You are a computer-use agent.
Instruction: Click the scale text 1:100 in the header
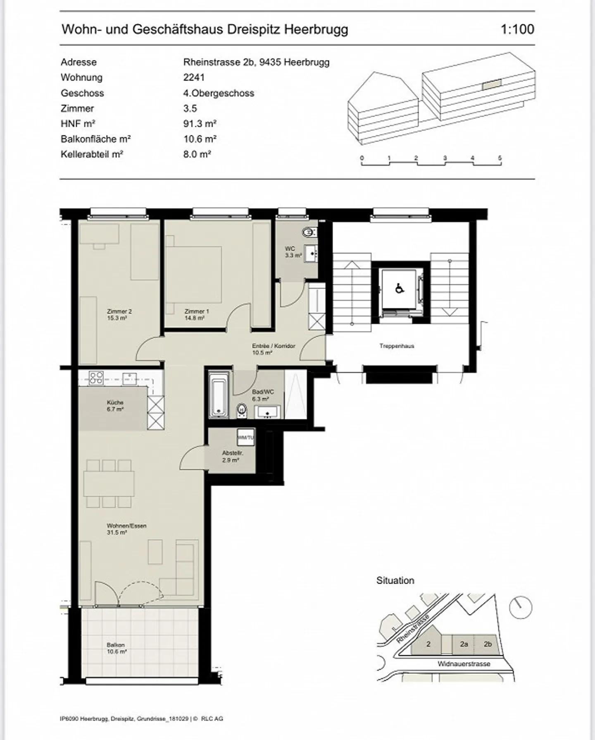coord(517,29)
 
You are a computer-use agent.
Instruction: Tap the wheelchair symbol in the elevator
coord(400,288)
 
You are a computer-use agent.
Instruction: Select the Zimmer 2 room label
coord(119,315)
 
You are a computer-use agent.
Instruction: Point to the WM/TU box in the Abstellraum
coord(245,437)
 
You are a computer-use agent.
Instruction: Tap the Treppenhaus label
coord(397,346)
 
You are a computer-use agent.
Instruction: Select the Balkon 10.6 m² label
coord(116,648)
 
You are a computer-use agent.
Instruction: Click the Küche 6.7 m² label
coord(115,405)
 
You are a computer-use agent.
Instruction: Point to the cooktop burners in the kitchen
coord(96,378)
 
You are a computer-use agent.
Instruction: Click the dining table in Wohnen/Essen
coord(109,484)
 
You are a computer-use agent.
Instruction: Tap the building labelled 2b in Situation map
coord(488,644)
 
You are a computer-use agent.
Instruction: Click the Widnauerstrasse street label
coord(464,664)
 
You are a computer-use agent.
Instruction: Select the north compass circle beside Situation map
coord(520,608)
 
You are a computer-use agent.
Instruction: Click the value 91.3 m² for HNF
coord(200,124)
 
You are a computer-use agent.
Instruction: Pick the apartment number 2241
coord(194,77)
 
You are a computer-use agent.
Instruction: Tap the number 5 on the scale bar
coord(500,158)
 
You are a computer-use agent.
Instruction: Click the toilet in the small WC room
coord(308,232)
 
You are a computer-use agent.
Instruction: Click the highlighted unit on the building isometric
coord(492,84)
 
